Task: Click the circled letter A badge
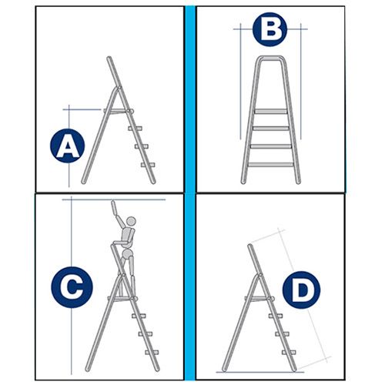tap(67, 146)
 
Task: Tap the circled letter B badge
tap(269, 29)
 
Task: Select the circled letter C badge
tap(72, 287)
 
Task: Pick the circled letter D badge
tap(301, 290)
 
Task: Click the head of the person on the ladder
tap(132, 221)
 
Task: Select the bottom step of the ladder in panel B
tap(270, 165)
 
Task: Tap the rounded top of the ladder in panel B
tap(270, 59)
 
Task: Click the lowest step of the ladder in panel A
tap(148, 165)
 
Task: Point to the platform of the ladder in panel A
tap(119, 111)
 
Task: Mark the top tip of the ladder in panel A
tap(109, 58)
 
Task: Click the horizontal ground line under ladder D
tap(260, 372)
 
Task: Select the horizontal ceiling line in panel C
tap(114, 199)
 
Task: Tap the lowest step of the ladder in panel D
tap(289, 353)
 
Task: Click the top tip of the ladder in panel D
tap(250, 246)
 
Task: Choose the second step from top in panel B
tap(270, 129)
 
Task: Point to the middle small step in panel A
tap(142, 146)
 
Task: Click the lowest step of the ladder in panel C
tap(152, 353)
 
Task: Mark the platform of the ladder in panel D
tap(259, 299)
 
